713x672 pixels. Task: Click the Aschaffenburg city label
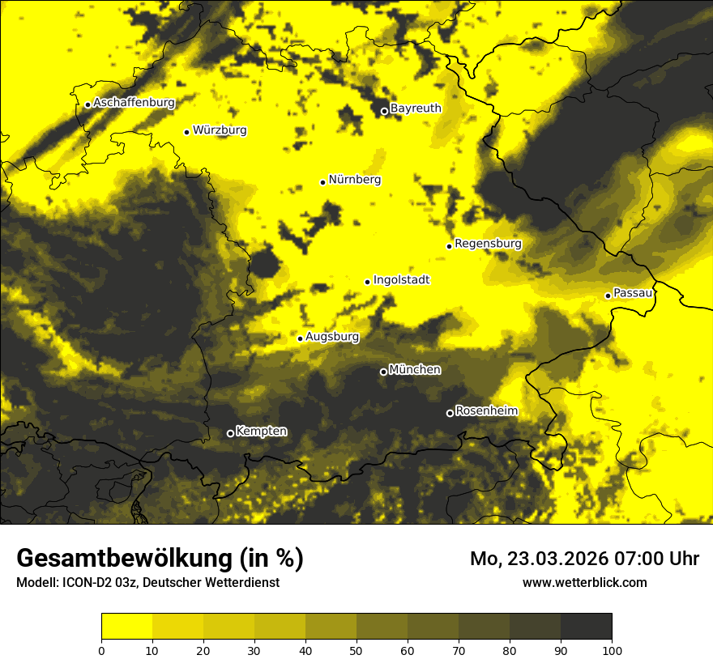click(x=134, y=103)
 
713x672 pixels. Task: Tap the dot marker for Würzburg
click(x=186, y=132)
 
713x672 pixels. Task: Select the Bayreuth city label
click(x=416, y=108)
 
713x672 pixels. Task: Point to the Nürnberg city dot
click(x=322, y=182)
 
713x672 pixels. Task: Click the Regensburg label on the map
click(x=488, y=244)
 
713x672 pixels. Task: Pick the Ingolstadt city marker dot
click(x=367, y=282)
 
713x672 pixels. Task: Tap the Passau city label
click(x=633, y=293)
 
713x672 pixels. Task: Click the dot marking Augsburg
click(x=300, y=338)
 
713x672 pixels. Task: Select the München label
click(x=415, y=370)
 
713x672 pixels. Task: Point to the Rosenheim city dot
click(x=450, y=414)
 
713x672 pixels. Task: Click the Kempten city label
click(x=261, y=432)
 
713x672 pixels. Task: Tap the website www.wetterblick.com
click(x=585, y=582)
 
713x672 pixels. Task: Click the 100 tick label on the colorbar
click(x=612, y=649)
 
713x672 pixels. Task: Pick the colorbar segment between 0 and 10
click(x=126, y=627)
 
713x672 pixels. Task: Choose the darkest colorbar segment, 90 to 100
click(x=586, y=627)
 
